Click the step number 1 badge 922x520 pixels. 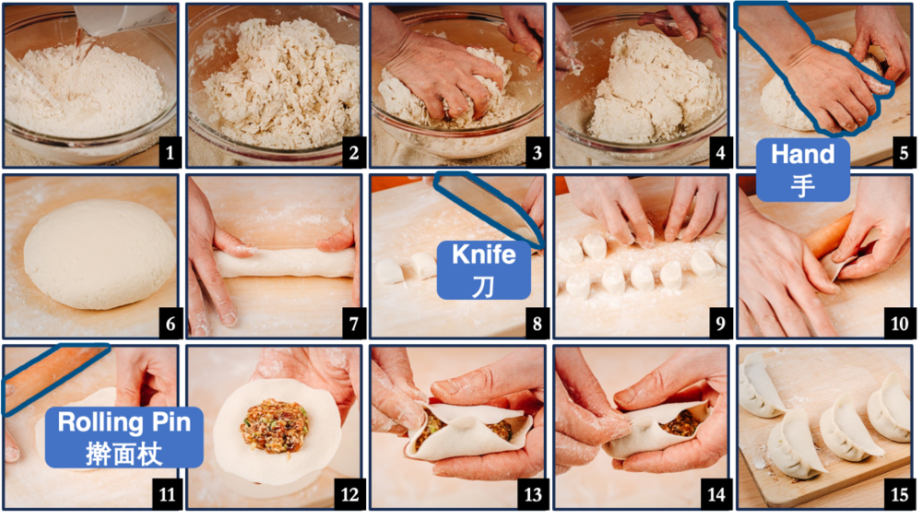tap(170, 153)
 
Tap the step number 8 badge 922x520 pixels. tap(537, 324)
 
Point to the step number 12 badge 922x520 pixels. tap(350, 494)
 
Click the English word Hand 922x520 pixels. tap(803, 154)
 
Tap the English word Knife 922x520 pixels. tap(484, 254)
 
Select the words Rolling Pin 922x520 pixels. tap(124, 422)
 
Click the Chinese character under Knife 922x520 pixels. tap(483, 287)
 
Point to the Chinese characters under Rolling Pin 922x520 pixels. tap(124, 455)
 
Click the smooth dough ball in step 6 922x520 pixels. tap(99, 254)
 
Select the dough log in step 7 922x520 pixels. tap(285, 263)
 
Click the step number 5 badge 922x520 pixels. tap(904, 153)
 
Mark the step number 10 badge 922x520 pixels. tap(900, 324)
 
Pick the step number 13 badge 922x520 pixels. tap(534, 494)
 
